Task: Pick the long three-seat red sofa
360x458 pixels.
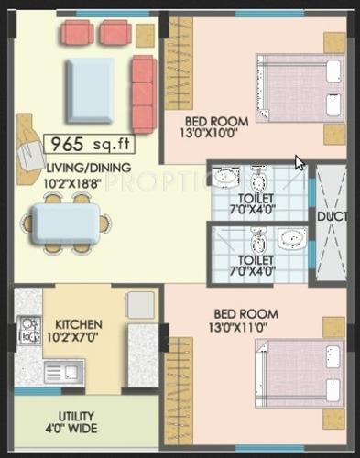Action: click(144, 93)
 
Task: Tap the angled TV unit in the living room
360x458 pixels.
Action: click(29, 137)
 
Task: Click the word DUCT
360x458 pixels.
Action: click(330, 216)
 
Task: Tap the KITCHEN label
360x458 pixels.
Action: click(79, 324)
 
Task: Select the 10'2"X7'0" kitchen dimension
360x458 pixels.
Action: click(79, 337)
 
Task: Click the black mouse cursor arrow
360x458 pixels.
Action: click(300, 163)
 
